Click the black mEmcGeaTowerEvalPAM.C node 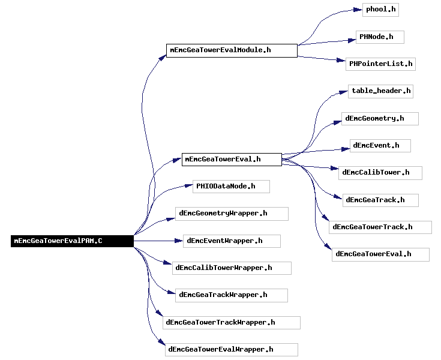coord(72,241)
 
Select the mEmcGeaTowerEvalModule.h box coord(232,50)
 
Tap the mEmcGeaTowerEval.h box coord(232,160)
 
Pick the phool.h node coord(380,10)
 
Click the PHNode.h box coord(380,37)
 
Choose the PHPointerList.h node coord(380,64)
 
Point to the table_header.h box coord(380,91)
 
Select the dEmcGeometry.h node coord(380,119)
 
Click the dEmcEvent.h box coord(380,146)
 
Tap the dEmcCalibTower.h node coord(380,173)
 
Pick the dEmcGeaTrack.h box coord(380,200)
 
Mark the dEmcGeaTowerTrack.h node coord(380,227)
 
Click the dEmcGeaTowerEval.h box coord(380,254)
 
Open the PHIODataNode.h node coord(231,187)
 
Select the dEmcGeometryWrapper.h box coord(232,214)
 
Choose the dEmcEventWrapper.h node coord(232,241)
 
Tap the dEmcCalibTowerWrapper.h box coord(232,268)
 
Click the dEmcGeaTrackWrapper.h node coord(232,295)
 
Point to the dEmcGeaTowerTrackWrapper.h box coord(232,323)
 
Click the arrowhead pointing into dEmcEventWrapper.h coord(179,241)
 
